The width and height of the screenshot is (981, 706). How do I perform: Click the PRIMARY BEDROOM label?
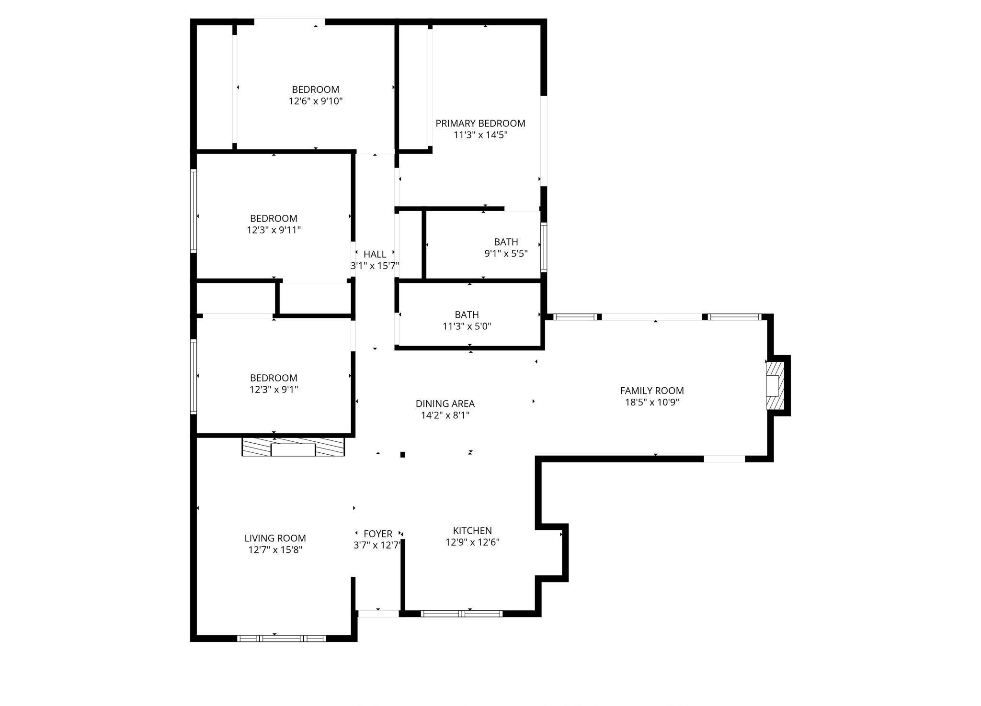coord(480,123)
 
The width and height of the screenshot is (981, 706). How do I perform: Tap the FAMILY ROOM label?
coord(651,391)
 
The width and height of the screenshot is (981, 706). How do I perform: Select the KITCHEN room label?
coord(472,530)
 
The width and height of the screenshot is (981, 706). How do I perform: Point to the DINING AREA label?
coord(445,403)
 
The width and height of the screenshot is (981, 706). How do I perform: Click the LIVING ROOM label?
coord(275,538)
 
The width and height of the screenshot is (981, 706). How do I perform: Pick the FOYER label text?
coord(378,534)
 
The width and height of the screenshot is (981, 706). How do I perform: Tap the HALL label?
coord(375,254)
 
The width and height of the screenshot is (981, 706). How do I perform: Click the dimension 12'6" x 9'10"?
coord(316,101)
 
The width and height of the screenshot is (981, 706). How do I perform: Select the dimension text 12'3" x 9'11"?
coord(274,230)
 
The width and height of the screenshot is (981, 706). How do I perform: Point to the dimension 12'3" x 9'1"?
coord(274,390)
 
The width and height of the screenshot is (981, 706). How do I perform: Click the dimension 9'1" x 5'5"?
coord(506,254)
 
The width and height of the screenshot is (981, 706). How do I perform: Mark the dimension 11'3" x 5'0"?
coord(467,326)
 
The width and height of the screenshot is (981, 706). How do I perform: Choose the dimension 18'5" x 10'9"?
coord(651,403)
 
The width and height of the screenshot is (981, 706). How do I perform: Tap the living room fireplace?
coord(293,447)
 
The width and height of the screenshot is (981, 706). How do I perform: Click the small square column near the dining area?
coord(403,455)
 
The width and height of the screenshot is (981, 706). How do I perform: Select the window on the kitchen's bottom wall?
coord(462,614)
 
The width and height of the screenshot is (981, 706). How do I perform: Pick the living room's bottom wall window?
coord(282,638)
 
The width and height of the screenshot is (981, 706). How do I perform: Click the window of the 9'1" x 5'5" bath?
coord(544,247)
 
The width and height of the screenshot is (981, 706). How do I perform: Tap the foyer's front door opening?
coord(378,614)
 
